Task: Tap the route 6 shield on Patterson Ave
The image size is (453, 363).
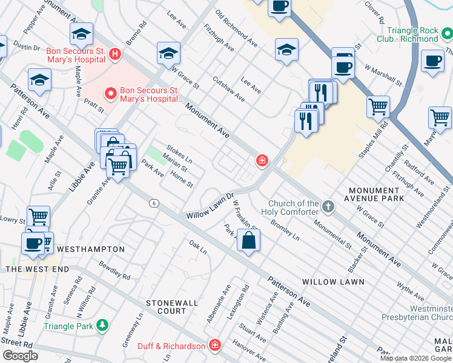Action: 155,204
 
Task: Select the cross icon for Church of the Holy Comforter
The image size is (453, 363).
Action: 328,208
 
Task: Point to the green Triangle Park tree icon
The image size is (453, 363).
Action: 102,325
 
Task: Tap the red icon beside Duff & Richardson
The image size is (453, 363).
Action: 214,345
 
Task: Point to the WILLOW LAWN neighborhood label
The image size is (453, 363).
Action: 333,282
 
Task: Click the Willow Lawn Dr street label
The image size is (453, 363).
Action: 210,207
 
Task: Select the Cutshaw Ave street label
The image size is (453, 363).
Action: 228,88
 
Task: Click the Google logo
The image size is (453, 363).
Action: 20,356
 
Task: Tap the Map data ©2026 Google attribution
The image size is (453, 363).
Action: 415,358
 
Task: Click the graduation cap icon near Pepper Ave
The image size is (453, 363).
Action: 81,35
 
